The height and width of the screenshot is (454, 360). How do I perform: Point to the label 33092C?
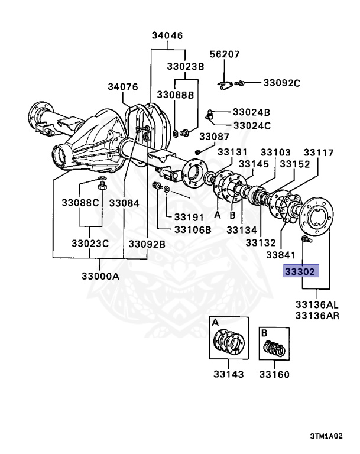pyautogui.click(x=281, y=83)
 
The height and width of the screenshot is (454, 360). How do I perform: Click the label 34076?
pyautogui.click(x=122, y=86)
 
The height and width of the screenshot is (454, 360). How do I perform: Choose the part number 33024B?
pyautogui.click(x=251, y=111)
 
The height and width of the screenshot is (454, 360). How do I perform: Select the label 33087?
pyautogui.click(x=213, y=137)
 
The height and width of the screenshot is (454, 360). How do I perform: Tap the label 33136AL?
pyautogui.click(x=317, y=305)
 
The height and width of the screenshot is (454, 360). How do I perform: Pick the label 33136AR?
pyautogui.click(x=317, y=316)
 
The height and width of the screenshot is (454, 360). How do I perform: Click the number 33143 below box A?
pyautogui.click(x=226, y=374)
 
